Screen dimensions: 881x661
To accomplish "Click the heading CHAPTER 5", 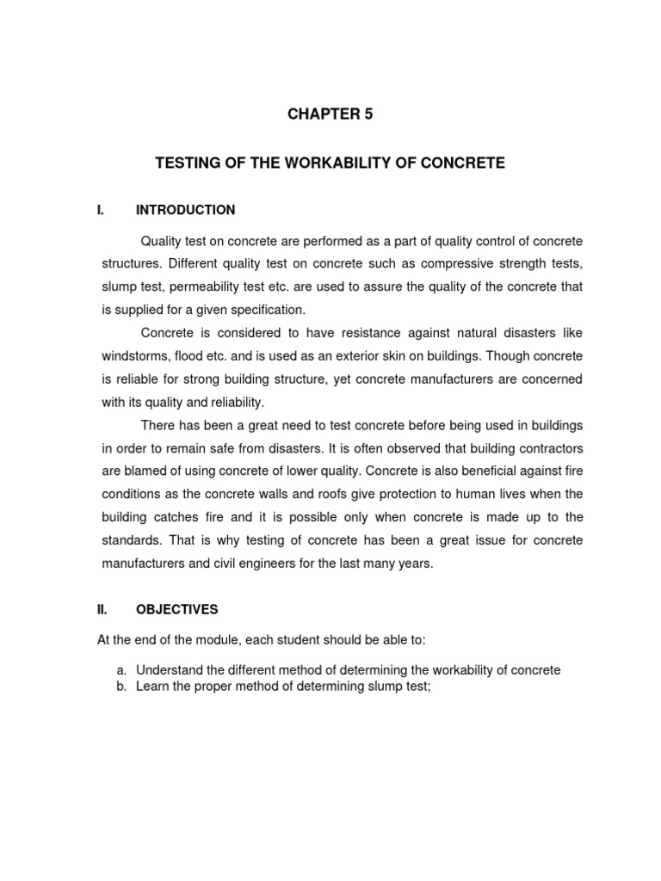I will pos(330,114).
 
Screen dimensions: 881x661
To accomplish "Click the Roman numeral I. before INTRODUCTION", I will pos(99,210).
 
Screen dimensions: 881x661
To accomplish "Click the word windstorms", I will pos(133,356).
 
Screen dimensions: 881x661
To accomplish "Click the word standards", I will pos(131,540).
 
